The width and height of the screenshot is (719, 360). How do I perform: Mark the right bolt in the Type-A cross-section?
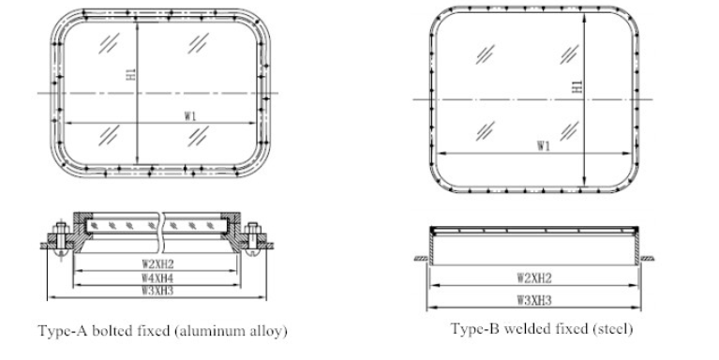[253, 236]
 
